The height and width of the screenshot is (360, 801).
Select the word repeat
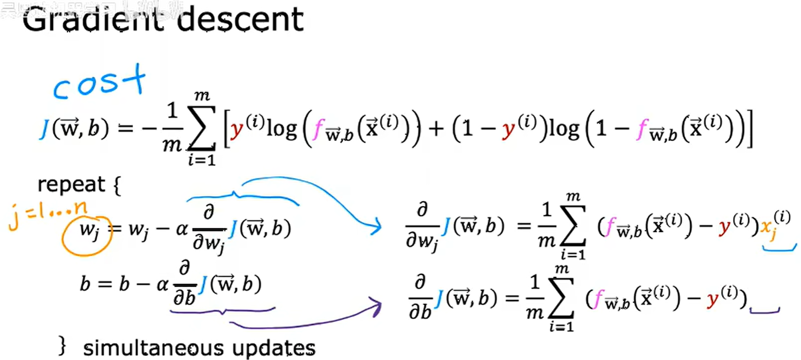71,185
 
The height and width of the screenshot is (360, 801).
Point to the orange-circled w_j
87,231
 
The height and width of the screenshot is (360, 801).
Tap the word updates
273,348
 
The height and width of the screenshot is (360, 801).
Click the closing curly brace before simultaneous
62,345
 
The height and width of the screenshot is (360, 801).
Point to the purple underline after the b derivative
764,311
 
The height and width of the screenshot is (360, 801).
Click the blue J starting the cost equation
44,129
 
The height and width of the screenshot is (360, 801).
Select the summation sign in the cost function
201,128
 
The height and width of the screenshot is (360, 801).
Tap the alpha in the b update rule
162,284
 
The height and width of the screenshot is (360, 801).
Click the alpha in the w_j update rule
181,229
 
